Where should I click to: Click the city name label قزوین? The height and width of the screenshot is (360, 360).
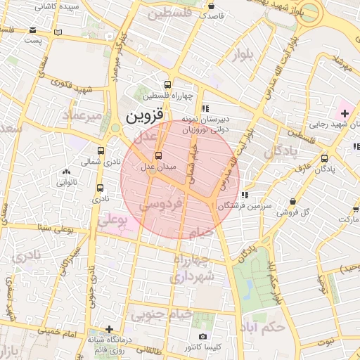click(x=146, y=115)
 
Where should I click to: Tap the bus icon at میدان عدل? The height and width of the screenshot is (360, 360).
click(x=157, y=155)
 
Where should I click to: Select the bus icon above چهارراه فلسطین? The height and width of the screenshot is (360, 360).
click(x=167, y=83)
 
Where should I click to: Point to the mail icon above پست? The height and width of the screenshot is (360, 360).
click(x=34, y=30)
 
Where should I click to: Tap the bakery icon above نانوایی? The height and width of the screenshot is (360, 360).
click(x=66, y=172)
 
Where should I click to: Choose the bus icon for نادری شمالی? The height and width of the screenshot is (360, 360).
click(x=101, y=150)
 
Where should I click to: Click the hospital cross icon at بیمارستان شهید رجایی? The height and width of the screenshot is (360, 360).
click(x=345, y=113)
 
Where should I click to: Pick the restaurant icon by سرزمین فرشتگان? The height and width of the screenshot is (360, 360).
click(x=244, y=195)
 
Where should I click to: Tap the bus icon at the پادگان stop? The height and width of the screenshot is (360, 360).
click(x=324, y=158)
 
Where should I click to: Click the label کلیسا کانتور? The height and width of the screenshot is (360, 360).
click(x=202, y=347)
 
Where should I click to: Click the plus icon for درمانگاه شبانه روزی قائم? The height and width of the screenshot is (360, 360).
click(x=109, y=328)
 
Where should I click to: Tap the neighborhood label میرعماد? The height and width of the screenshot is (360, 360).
click(x=83, y=114)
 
